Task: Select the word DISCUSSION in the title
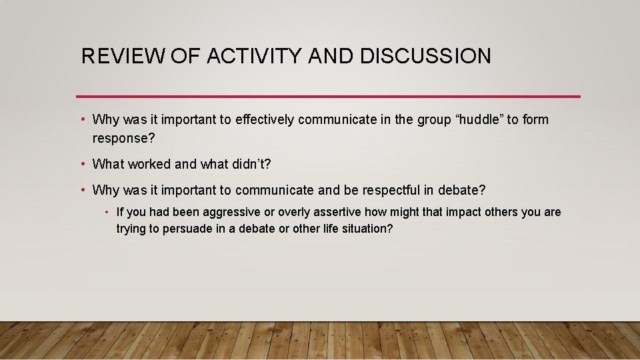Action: tap(425, 56)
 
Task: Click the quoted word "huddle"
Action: tap(479, 120)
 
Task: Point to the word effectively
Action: tap(261, 120)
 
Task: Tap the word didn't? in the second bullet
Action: tap(247, 164)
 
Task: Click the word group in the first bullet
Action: tap(434, 120)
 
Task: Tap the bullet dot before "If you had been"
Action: tap(107, 213)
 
